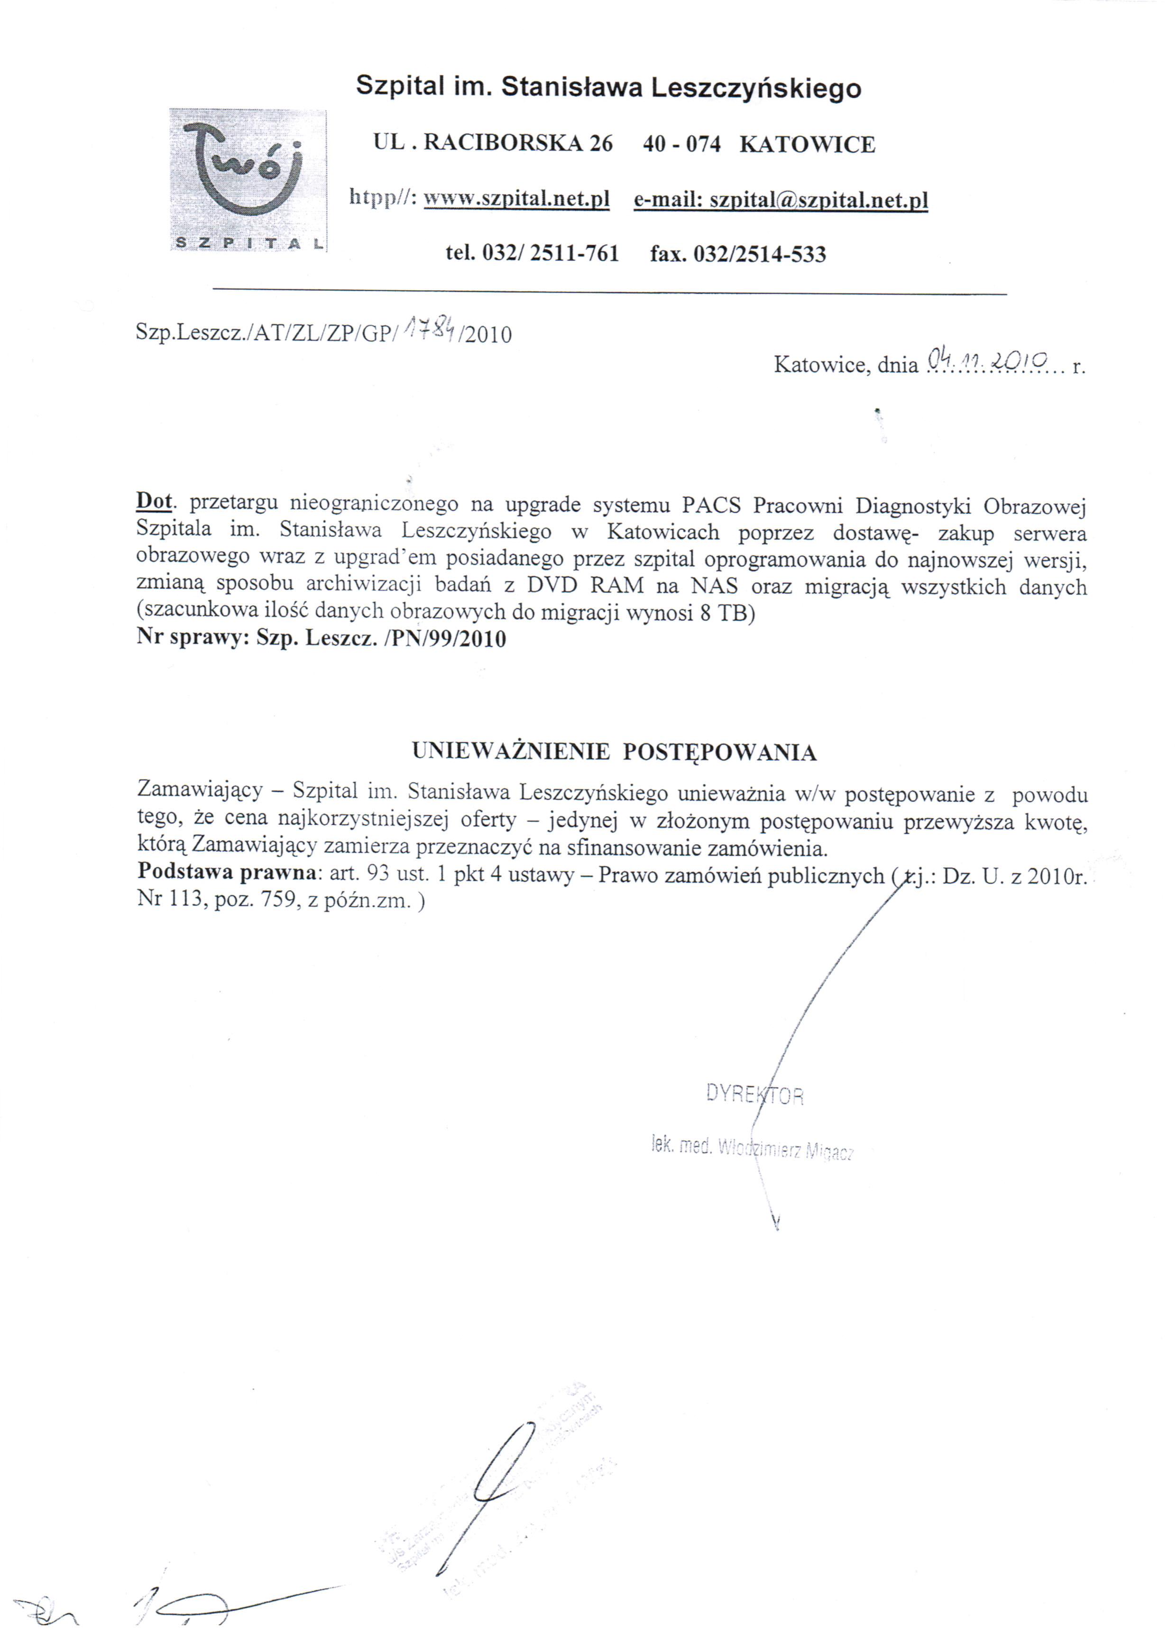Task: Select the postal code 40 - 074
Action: [681, 145]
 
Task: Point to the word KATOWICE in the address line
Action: [807, 145]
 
